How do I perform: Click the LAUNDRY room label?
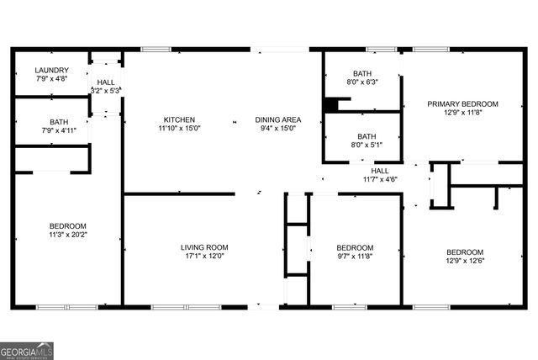pos(51,70)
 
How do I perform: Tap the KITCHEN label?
pos(179,119)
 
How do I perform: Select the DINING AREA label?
pos(278,119)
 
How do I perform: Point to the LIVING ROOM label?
pos(204,247)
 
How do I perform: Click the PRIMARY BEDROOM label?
pos(462,104)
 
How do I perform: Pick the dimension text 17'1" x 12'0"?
pos(204,257)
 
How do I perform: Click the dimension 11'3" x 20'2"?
pos(67,236)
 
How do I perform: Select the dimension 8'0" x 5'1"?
pos(367,145)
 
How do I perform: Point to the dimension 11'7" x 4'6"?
pos(380,178)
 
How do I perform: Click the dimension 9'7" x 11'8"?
pos(356,257)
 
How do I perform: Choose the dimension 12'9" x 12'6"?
pos(465,261)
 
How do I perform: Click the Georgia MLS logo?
pos(26,348)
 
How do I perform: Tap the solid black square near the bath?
pos(332,105)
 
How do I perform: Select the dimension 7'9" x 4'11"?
pos(59,130)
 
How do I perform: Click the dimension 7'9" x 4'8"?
pos(51,79)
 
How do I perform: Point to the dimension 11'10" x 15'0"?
pos(179,129)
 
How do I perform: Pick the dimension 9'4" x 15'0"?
pos(278,129)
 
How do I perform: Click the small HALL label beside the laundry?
pos(107,82)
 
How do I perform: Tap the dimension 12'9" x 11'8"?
pos(462,114)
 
